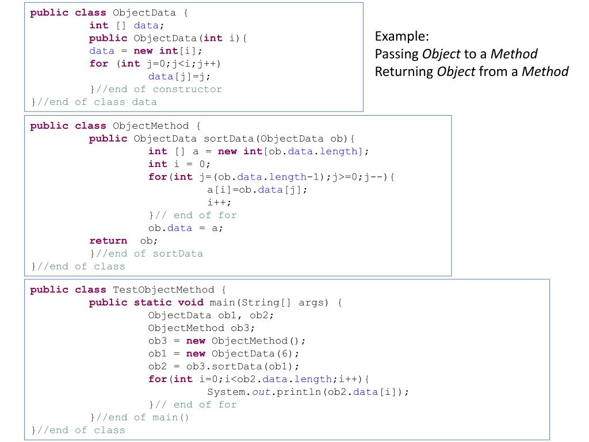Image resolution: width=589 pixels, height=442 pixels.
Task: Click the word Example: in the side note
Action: pos(401,36)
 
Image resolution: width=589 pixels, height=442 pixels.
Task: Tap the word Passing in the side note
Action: pos(396,54)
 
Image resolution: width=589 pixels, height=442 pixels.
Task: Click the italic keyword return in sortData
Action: pos(108,241)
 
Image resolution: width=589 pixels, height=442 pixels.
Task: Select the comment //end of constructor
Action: pos(158,89)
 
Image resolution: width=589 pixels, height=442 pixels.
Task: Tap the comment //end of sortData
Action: pos(149,253)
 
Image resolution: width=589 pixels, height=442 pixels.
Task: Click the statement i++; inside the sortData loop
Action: pos(219,203)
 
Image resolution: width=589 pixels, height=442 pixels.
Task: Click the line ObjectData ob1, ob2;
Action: pos(211,315)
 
